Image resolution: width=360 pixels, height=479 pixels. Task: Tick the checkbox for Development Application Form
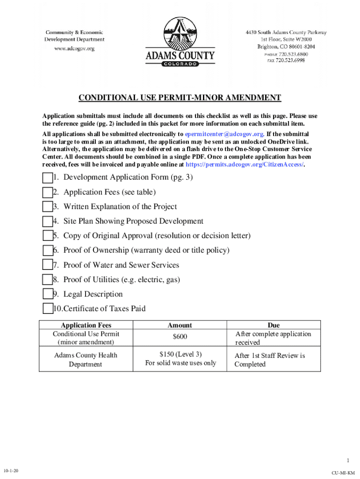coord(47,178)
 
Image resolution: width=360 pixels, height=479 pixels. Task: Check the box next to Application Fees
coord(47,193)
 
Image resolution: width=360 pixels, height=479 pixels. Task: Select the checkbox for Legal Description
coord(47,294)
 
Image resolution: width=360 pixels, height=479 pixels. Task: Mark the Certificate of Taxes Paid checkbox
coord(47,309)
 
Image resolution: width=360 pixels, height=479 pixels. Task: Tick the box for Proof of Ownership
coord(47,251)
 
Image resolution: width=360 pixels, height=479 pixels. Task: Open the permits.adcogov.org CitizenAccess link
coord(245,165)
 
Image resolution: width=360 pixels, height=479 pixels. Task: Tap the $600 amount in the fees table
coord(180,337)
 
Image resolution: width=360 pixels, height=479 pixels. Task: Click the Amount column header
coord(180,325)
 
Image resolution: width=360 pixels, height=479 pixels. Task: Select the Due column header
coord(274,325)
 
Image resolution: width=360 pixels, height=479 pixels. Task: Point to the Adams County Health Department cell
coord(86,360)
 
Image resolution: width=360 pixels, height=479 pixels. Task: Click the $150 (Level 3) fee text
coord(180,354)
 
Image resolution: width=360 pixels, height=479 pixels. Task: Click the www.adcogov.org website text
coord(74,48)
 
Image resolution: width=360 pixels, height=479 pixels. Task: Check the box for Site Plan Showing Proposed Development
coord(47,222)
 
